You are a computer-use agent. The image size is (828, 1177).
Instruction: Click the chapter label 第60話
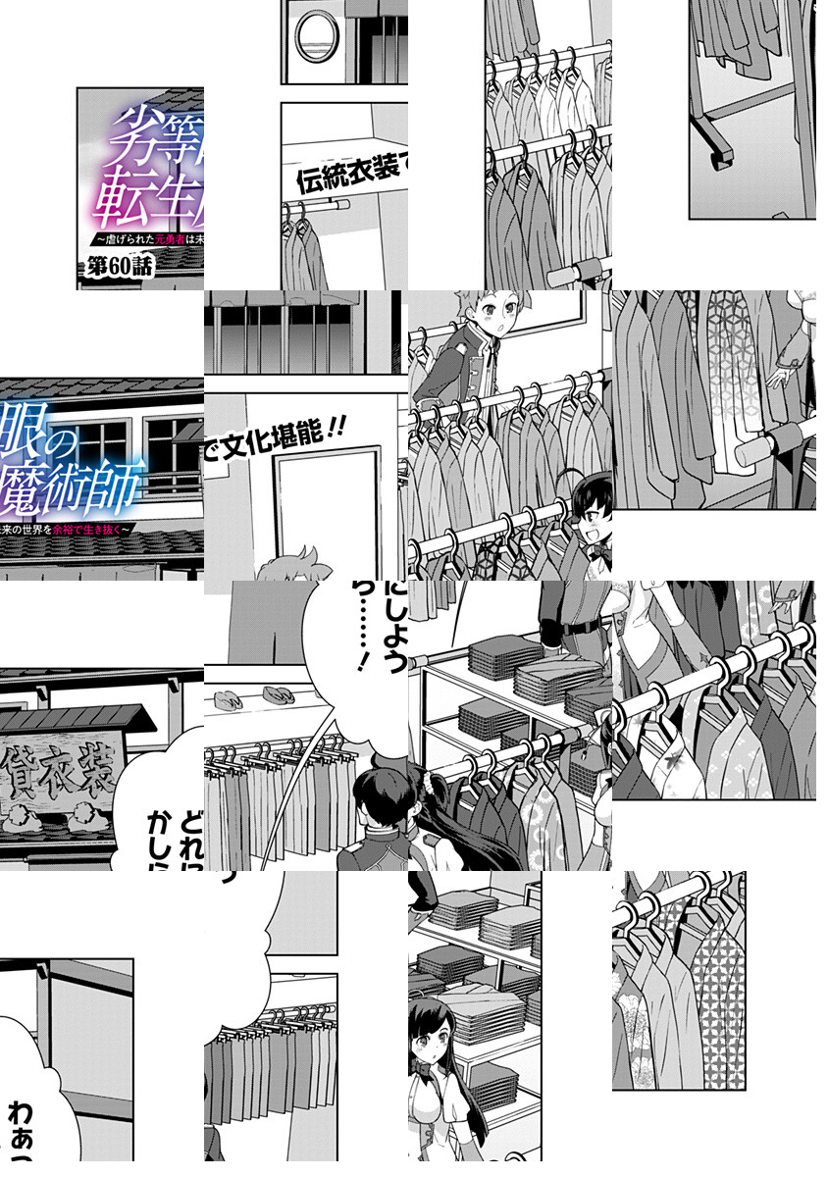pos(121,268)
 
